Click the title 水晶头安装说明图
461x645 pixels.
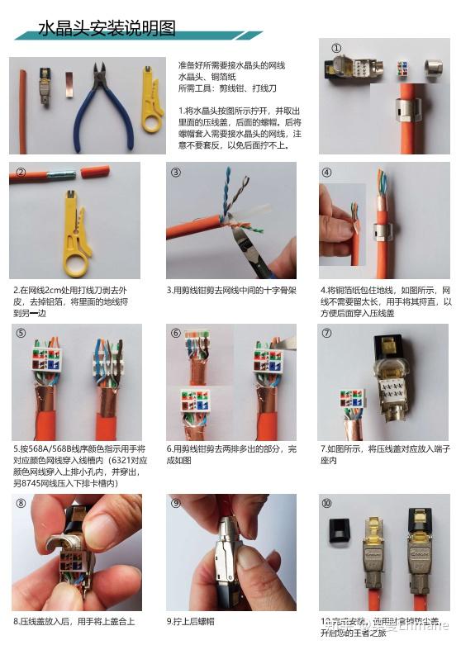point(107,29)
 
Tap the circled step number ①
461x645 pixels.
point(336,48)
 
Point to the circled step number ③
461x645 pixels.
point(176,173)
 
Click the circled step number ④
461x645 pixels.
point(327,173)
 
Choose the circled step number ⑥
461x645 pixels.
point(176,334)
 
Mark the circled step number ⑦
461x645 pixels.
point(327,334)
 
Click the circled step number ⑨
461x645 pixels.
point(176,503)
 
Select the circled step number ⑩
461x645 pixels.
point(327,503)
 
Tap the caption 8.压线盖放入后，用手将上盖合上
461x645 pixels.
point(74,621)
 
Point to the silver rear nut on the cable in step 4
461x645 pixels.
point(382,235)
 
